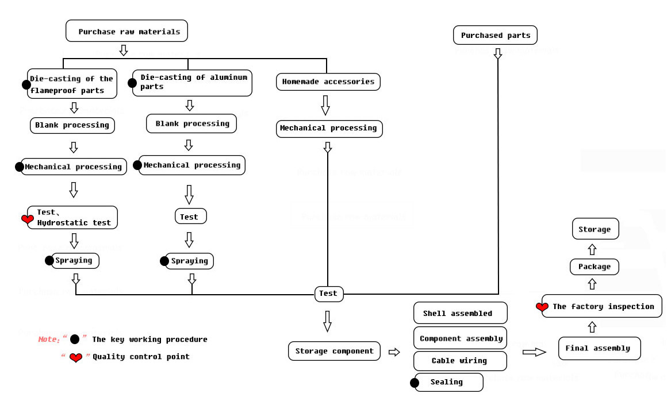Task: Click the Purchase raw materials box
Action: (x=126, y=31)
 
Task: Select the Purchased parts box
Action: (x=495, y=35)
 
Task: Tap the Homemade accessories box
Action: (x=328, y=82)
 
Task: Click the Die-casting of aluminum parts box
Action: (x=192, y=83)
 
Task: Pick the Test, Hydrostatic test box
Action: (x=72, y=218)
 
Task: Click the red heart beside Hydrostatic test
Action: (x=28, y=219)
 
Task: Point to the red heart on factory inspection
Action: (x=542, y=307)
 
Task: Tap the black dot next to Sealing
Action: (x=414, y=383)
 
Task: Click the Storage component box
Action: (x=334, y=351)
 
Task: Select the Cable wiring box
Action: (x=460, y=361)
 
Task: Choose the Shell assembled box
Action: (x=461, y=313)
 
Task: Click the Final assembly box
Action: (x=600, y=348)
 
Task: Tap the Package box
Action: (x=595, y=267)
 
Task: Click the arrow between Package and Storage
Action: (x=592, y=249)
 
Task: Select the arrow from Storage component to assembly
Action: (x=394, y=352)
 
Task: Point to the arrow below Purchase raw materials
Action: (x=123, y=50)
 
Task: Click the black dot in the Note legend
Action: (x=75, y=340)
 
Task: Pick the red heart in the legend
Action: (x=76, y=357)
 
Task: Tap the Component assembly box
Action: (x=461, y=338)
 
